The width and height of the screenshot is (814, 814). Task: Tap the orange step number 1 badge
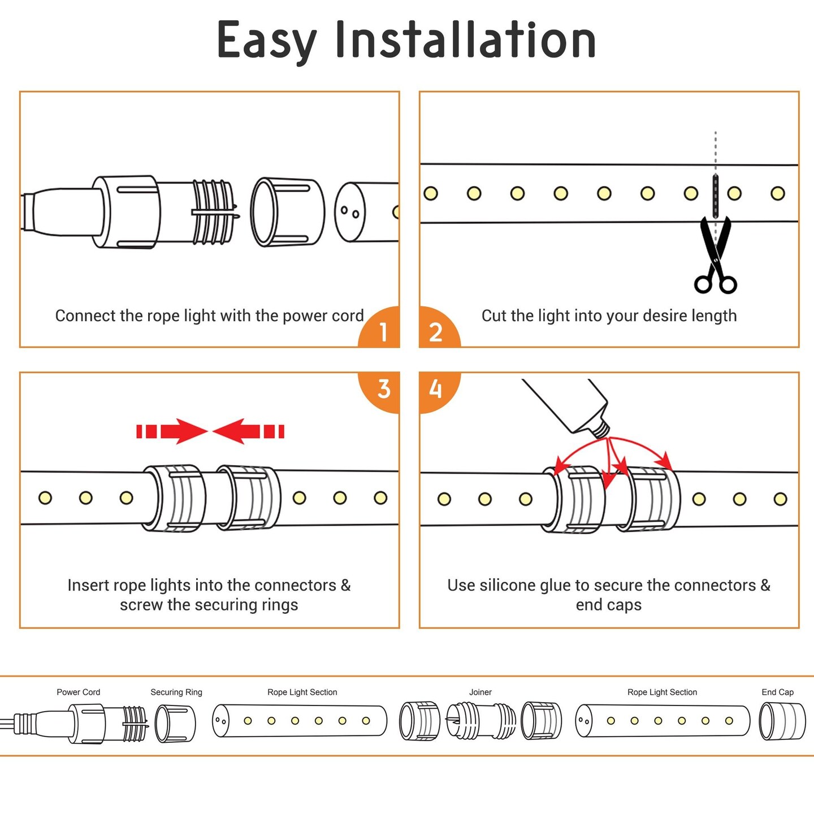pos(382,331)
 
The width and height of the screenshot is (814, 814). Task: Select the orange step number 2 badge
pos(436,331)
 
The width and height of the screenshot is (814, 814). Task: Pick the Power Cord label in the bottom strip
pos(78,692)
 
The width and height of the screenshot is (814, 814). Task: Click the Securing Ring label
pos(176,692)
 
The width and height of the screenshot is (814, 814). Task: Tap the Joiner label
pos(480,692)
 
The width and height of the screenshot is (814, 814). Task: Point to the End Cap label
pos(777,692)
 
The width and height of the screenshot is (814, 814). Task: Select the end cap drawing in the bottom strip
pos(782,721)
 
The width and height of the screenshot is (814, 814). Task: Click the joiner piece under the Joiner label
pos(480,721)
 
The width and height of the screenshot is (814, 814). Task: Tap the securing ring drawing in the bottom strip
pos(175,723)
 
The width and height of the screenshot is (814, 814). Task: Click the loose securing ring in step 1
pos(287,212)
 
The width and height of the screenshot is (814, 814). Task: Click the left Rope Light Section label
pos(302,692)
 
